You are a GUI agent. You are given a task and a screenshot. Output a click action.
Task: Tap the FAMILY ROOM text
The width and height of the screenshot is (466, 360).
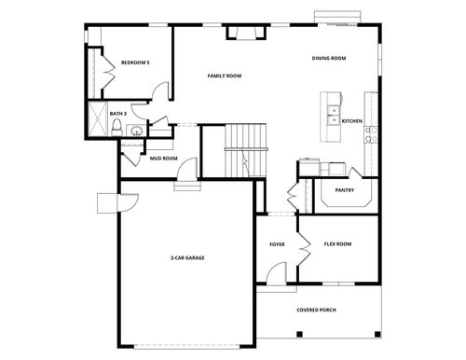pyautogui.click(x=225, y=76)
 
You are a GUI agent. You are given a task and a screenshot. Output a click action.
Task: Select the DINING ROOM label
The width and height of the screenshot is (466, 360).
pyautogui.click(x=329, y=59)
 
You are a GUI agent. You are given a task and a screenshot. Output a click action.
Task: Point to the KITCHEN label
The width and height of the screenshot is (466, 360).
pyautogui.click(x=352, y=121)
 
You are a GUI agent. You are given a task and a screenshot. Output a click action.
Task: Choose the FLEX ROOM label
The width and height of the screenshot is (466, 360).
pyautogui.click(x=337, y=244)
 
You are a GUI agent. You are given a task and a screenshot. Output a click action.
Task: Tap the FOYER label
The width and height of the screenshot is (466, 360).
pyautogui.click(x=277, y=244)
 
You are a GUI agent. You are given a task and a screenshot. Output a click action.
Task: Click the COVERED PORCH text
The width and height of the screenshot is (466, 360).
pyautogui.click(x=317, y=309)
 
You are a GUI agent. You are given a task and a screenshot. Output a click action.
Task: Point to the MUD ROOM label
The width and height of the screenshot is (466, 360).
pyautogui.click(x=164, y=159)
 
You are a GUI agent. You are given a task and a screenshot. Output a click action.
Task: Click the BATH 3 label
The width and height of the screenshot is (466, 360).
pyautogui.click(x=117, y=114)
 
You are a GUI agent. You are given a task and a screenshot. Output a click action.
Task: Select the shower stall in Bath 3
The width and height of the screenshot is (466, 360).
pyautogui.click(x=96, y=122)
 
